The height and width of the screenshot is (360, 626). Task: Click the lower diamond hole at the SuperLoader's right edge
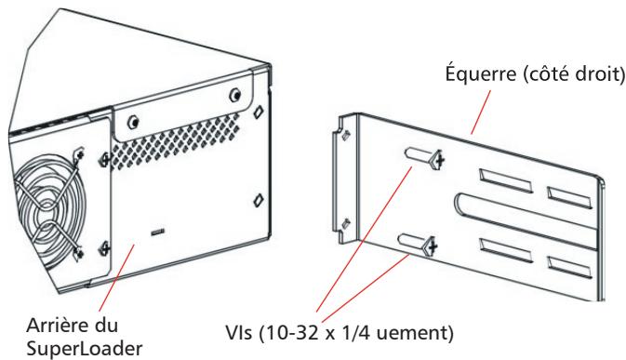(256, 198)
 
